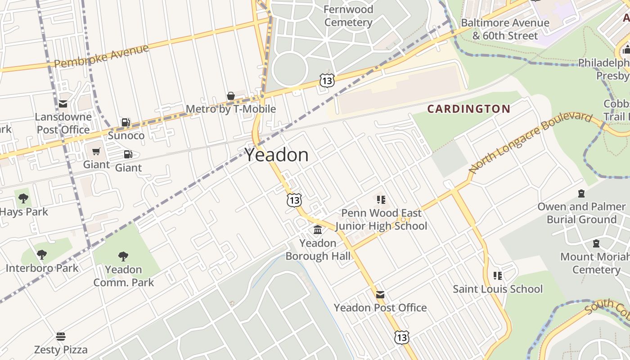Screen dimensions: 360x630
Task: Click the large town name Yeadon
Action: point(277,155)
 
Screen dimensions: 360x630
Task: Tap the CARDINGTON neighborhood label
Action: point(468,109)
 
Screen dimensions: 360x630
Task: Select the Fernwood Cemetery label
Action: point(348,16)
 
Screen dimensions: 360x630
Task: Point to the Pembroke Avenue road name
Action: point(101,56)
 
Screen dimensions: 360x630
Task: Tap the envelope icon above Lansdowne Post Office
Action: point(63,104)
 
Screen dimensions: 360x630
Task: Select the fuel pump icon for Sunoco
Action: point(126,122)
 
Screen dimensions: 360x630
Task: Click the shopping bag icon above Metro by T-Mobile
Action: point(231,96)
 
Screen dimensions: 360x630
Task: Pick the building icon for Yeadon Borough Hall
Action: point(318,230)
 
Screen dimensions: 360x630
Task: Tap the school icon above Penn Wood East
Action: point(381,199)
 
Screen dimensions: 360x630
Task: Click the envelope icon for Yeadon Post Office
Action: point(380,295)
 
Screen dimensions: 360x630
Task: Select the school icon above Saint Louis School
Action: point(498,275)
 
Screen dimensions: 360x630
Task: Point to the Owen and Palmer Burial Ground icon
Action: point(581,194)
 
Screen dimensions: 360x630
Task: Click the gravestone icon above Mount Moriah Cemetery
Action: point(596,244)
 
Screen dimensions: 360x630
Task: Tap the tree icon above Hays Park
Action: point(23,198)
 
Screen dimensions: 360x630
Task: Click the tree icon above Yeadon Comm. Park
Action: point(123,256)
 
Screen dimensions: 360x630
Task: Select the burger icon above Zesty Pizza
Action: point(61,337)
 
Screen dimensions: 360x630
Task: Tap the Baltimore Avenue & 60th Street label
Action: point(505,29)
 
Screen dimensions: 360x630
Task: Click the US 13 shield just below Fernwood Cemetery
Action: point(327,81)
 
